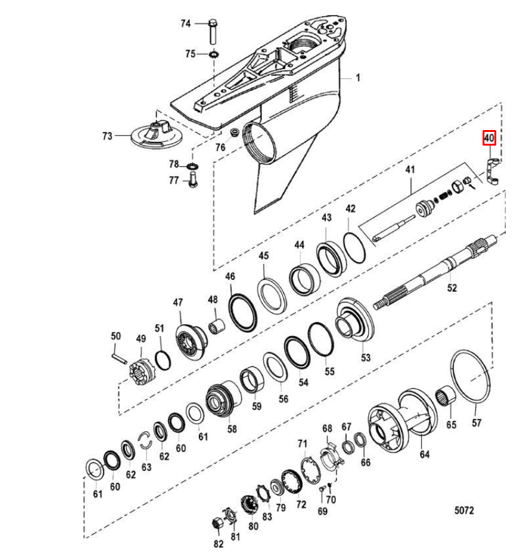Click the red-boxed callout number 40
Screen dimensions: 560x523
489,138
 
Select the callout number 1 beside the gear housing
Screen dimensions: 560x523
358,78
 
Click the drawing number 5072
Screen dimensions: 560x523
464,510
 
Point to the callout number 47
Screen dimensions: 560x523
178,302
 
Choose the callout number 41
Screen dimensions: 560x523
410,169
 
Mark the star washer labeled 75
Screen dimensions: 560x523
213,55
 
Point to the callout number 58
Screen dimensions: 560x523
232,429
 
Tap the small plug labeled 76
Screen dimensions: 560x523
234,133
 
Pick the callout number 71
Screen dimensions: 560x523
303,443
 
